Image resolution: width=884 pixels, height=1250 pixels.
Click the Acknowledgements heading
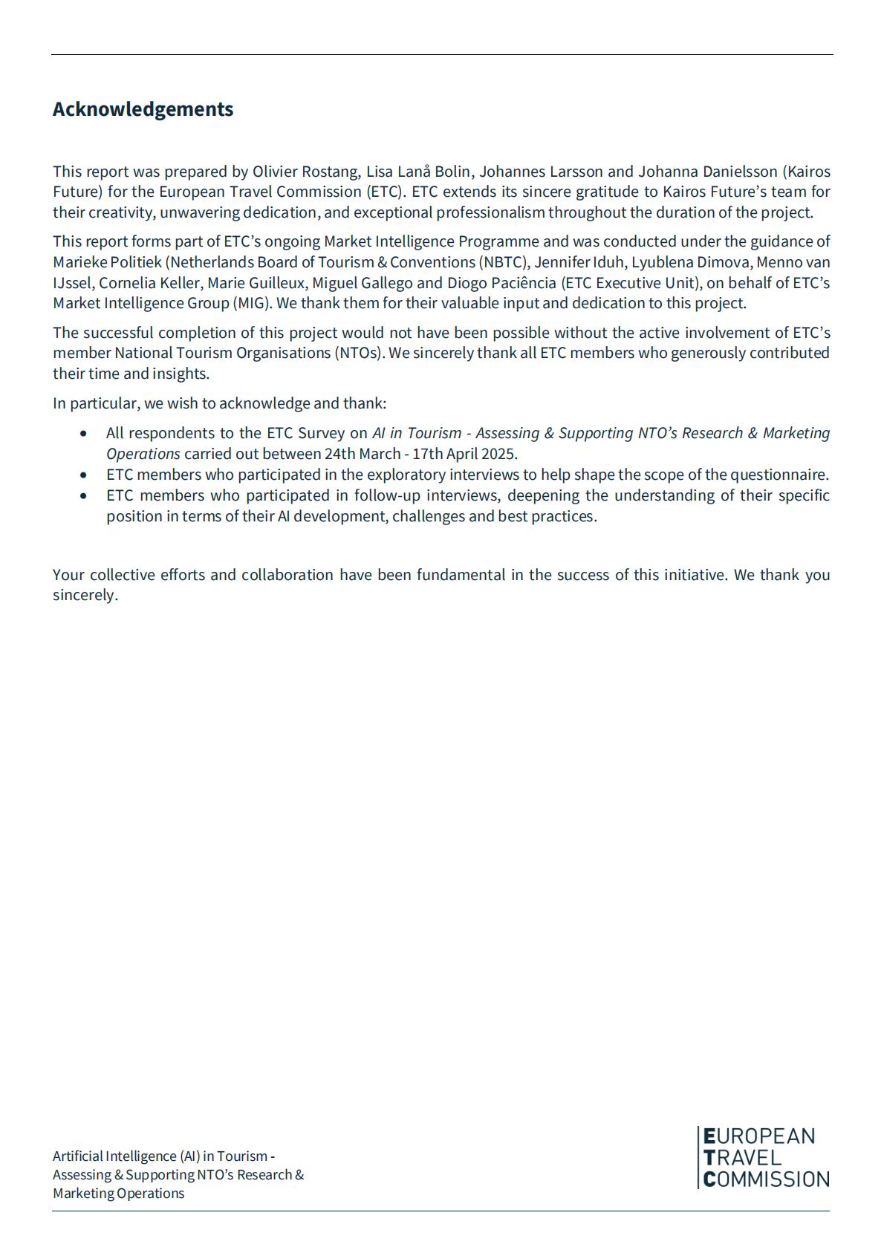pyautogui.click(x=143, y=109)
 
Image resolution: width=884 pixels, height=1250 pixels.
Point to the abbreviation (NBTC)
pyautogui.click(x=503, y=262)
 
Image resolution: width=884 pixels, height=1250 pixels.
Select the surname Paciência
pyautogui.click(x=524, y=283)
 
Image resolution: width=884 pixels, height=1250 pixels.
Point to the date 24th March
pyautogui.click(x=363, y=454)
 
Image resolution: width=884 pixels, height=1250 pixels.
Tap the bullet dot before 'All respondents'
pyautogui.click(x=83, y=434)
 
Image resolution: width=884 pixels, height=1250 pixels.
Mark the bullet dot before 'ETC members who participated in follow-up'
pyautogui.click(x=83, y=496)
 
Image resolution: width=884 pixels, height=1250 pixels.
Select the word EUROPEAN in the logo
pyautogui.click(x=758, y=1136)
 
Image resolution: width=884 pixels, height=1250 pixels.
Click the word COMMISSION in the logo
pyautogui.click(x=766, y=1179)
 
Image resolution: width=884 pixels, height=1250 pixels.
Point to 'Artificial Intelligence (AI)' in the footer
pyautogui.click(x=126, y=1156)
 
